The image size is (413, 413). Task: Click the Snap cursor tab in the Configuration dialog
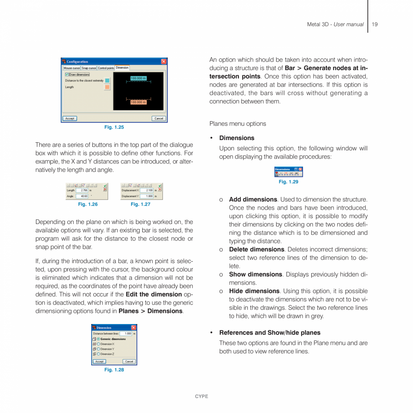89,68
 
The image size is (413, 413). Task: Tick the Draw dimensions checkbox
67,75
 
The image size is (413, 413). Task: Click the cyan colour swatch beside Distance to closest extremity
107,80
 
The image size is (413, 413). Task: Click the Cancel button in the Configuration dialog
158,119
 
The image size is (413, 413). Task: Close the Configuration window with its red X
164,62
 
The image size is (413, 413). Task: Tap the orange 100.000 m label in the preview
138,102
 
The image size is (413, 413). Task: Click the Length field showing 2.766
82,190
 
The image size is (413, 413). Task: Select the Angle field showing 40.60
82,196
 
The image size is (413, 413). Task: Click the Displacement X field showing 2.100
147,190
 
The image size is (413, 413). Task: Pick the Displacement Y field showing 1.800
147,196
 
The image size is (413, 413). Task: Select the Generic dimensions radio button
98,339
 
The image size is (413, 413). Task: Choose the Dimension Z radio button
98,354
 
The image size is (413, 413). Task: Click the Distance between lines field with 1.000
126,334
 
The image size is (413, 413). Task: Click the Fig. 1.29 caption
288,182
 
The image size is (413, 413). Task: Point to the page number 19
375,24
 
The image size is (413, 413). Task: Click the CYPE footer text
202,396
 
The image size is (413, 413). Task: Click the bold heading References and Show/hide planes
270,333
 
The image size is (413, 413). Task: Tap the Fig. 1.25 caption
114,127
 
